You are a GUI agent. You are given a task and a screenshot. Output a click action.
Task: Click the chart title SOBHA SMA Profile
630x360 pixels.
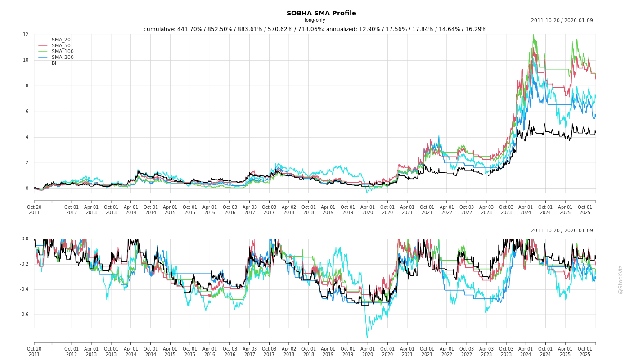click(x=321, y=13)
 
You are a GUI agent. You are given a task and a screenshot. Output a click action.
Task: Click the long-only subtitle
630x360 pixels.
click(x=315, y=20)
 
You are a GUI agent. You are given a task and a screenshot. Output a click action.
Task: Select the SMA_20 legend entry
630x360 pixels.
click(x=61, y=40)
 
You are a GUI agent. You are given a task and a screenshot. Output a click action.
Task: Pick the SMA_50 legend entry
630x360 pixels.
click(x=61, y=46)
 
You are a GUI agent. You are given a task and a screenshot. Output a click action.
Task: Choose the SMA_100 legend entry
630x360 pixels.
click(x=62, y=52)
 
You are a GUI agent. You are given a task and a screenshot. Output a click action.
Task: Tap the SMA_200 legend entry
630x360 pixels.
click(x=62, y=58)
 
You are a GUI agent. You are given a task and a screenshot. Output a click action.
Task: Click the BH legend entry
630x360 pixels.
click(x=55, y=63)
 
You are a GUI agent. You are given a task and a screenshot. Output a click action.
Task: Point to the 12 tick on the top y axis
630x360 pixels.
click(x=26, y=35)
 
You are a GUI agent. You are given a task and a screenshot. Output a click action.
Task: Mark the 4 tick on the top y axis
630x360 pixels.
click(x=27, y=137)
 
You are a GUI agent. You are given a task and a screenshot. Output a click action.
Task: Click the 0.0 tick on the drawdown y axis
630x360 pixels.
click(x=24, y=239)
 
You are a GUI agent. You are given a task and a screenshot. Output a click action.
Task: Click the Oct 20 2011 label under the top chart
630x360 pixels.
click(x=34, y=210)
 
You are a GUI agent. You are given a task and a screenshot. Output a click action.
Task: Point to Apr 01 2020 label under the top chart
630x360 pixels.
click(x=368, y=210)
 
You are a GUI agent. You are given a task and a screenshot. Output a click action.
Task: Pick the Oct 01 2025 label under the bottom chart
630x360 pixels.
click(x=585, y=351)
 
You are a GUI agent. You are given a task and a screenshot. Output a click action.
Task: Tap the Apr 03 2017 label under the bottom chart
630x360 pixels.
click(x=249, y=351)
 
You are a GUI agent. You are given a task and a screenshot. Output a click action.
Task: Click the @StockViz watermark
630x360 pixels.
click(x=621, y=279)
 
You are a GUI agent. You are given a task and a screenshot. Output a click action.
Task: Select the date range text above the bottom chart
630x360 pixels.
click(x=562, y=231)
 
